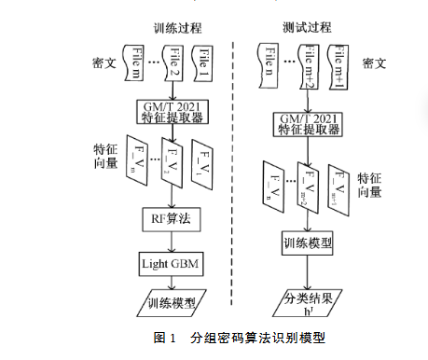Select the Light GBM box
[x=171, y=262]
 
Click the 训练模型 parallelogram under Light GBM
[x=172, y=303]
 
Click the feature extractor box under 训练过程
[x=171, y=112]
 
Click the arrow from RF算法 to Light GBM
[x=171, y=242]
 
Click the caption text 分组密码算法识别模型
[x=257, y=337]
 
